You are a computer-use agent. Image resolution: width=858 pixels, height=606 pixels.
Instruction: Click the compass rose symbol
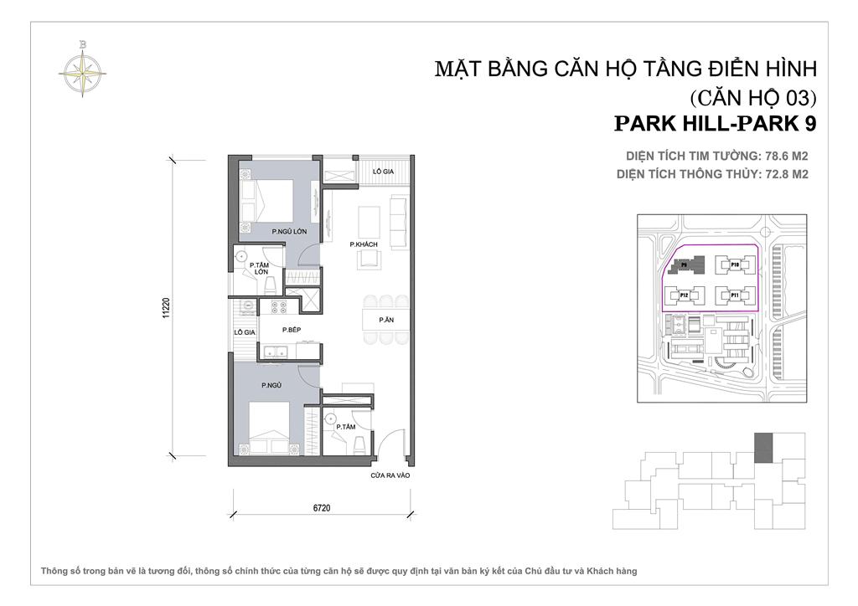coord(81,68)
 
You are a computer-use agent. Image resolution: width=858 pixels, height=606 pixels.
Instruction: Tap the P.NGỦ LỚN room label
coord(286,230)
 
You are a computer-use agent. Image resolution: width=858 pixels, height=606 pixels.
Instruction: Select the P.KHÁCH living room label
coord(364,244)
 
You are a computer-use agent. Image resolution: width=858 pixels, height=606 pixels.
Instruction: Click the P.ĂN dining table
coord(385,320)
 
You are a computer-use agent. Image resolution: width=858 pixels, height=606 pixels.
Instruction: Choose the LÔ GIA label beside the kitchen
coord(244,332)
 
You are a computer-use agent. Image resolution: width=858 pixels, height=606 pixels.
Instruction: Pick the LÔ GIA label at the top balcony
coord(383,171)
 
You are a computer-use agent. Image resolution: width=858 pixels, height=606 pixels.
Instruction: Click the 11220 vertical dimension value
coord(167,308)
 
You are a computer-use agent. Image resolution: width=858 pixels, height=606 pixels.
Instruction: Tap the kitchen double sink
coord(274,353)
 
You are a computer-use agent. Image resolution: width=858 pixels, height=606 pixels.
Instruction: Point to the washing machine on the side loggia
coord(246,307)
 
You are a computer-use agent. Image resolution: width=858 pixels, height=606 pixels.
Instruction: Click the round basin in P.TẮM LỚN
coord(242,257)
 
